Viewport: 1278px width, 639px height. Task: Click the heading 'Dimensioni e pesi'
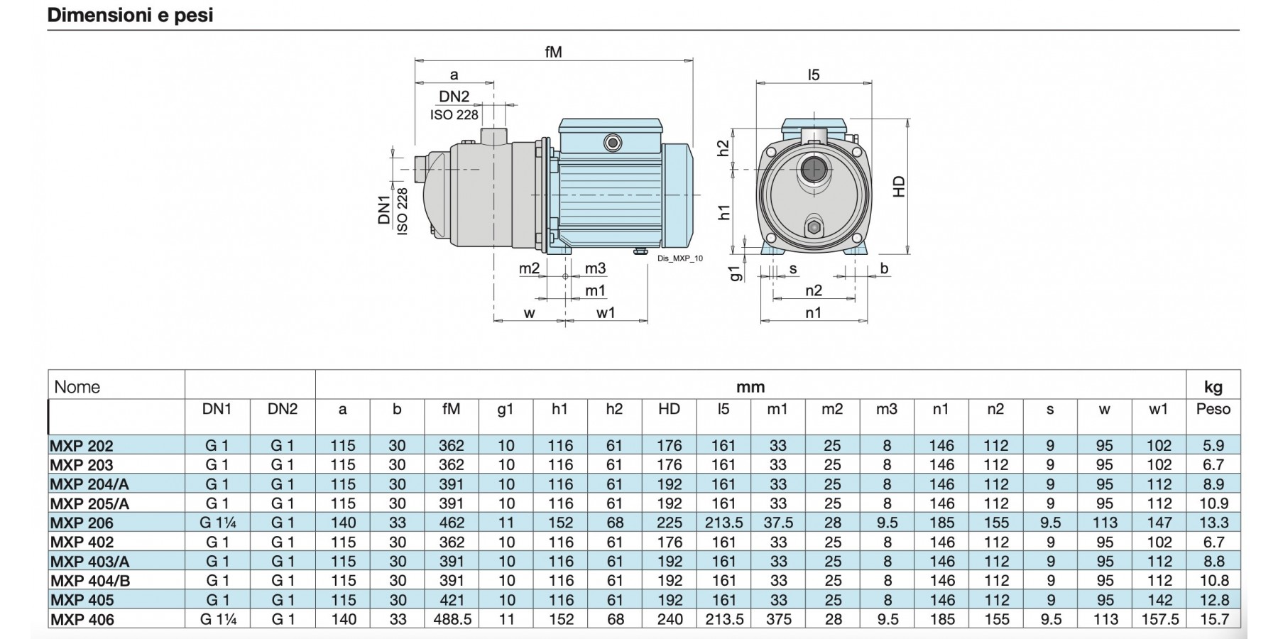tap(130, 15)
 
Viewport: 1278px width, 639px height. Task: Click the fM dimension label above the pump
tap(553, 52)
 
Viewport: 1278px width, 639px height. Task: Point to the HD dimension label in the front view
tap(899, 187)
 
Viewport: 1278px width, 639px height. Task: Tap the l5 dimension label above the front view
tap(814, 75)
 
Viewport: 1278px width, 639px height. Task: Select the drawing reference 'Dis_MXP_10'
tap(680, 258)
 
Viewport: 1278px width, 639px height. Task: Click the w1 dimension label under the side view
tap(606, 312)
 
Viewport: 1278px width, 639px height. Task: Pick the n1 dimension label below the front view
tap(814, 312)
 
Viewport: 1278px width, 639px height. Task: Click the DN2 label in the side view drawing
tap(454, 97)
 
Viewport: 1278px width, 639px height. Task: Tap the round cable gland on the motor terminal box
tap(612, 143)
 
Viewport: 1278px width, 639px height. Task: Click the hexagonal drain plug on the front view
tap(814, 228)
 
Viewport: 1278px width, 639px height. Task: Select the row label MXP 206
tap(82, 523)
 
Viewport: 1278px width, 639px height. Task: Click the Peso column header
tap(1213, 409)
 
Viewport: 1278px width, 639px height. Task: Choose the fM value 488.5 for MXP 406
tap(452, 619)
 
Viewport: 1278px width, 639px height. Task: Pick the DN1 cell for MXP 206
tap(217, 523)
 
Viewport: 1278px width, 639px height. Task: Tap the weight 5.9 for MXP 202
tap(1213, 446)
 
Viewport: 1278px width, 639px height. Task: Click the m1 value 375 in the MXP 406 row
tap(778, 619)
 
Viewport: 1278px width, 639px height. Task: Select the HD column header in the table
tap(669, 409)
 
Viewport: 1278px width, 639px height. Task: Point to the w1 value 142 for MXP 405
tap(1159, 600)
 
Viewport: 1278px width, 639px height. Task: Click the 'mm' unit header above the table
tap(750, 387)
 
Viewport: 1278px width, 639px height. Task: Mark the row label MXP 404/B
tap(90, 581)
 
